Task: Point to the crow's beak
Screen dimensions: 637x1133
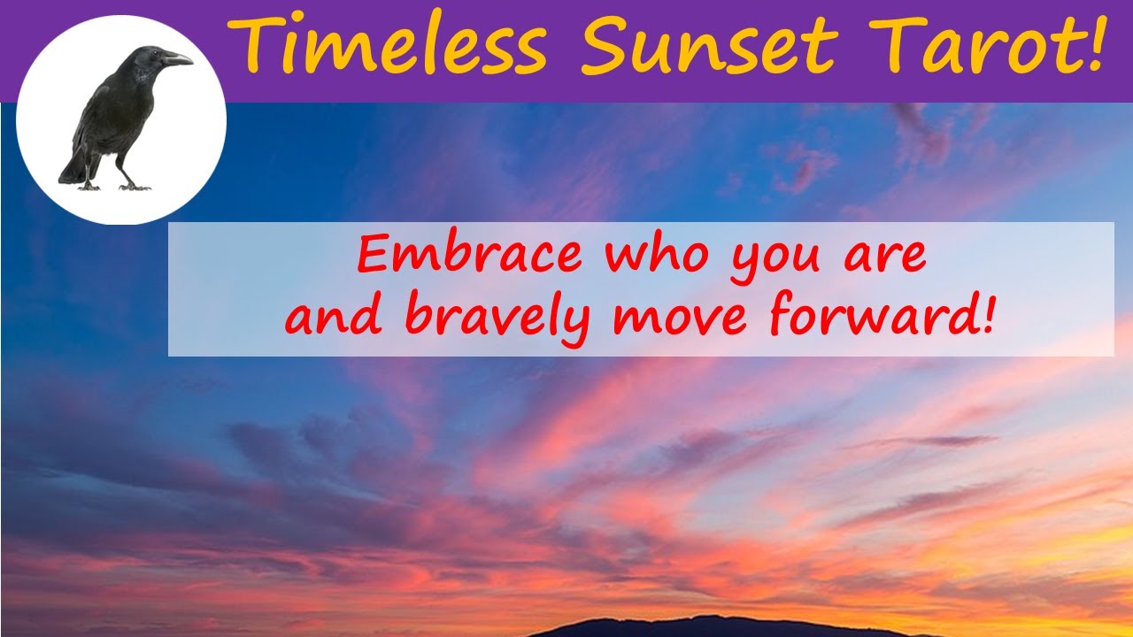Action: pos(177,60)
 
